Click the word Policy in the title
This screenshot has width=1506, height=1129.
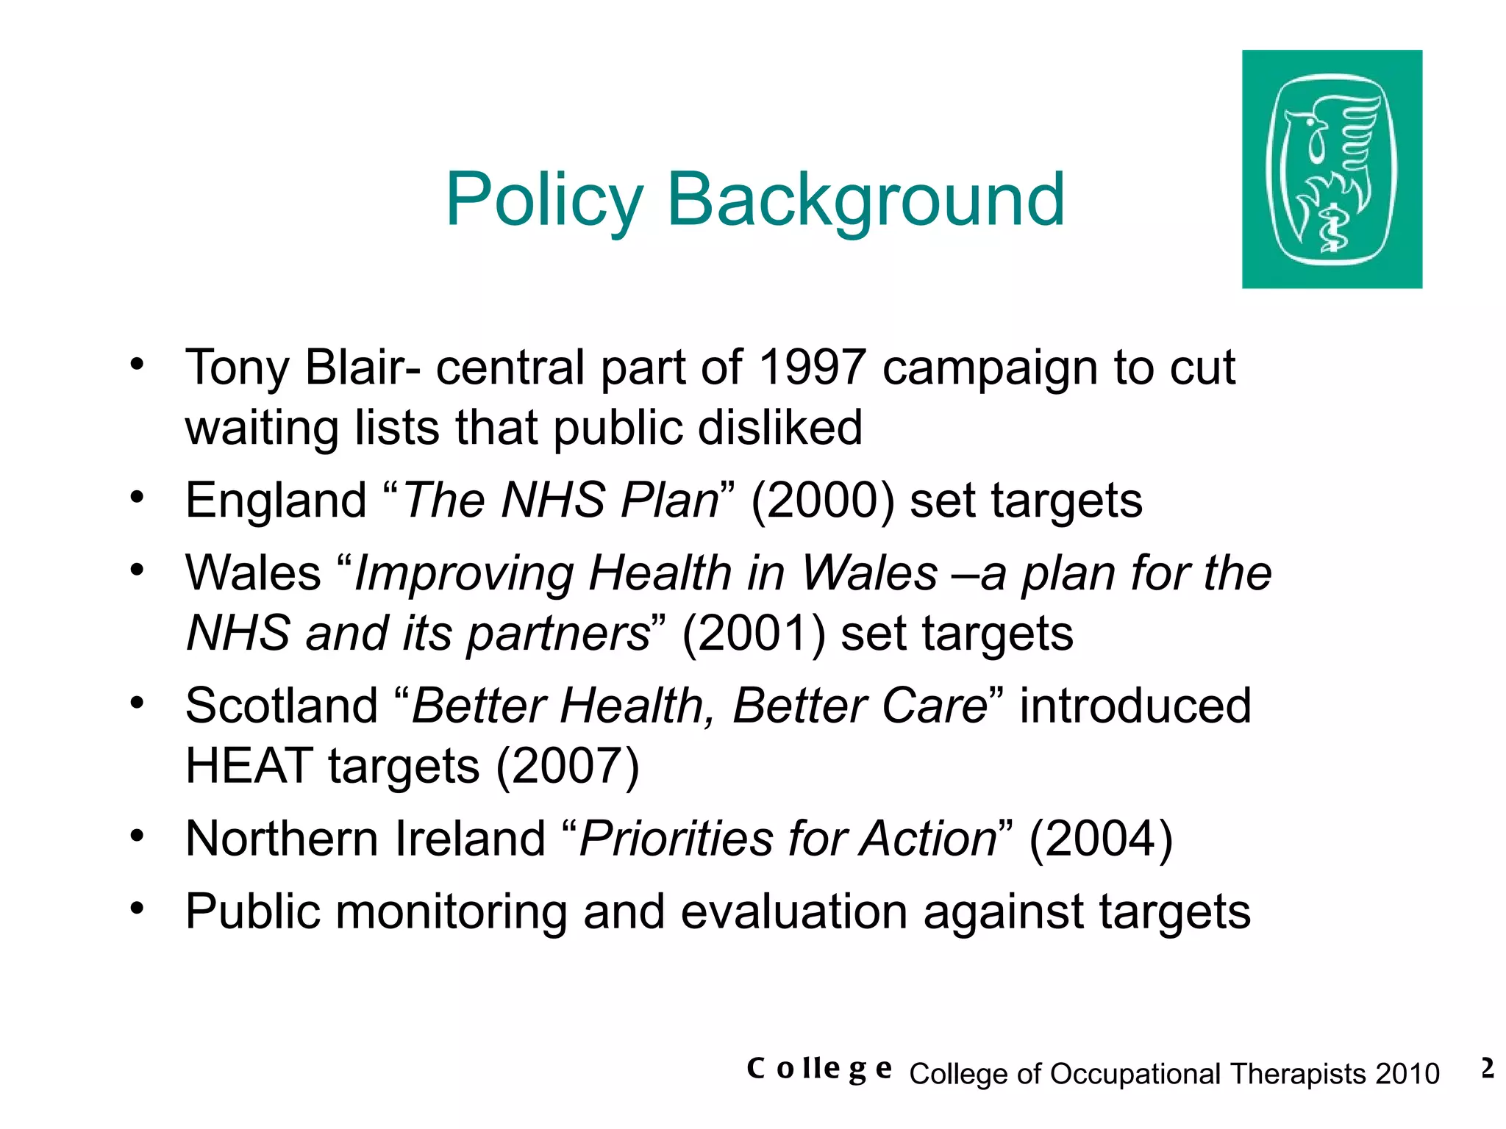[x=544, y=200]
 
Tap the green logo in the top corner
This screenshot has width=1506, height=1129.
[x=1332, y=169]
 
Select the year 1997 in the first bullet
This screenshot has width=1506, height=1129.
[x=811, y=367]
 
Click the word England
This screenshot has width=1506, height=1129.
[x=276, y=501]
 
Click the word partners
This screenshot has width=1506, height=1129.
[x=558, y=634]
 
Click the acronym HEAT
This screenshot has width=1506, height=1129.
[x=249, y=766]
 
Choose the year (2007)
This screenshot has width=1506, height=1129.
[x=568, y=766]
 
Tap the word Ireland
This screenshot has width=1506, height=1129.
[x=470, y=839]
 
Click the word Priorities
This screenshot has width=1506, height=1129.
[x=676, y=839]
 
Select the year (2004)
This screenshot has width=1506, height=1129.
[x=1100, y=839]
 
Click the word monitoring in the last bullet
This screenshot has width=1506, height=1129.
[x=452, y=912]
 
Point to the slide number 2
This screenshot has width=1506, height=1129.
[x=1487, y=1069]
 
